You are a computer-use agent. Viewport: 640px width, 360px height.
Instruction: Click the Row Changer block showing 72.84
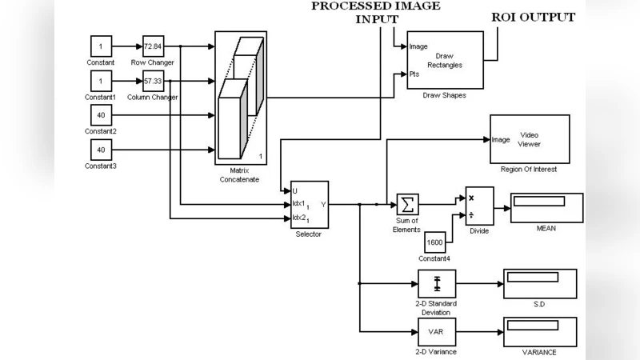tap(153, 46)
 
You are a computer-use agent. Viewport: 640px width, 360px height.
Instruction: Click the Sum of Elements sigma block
tap(407, 204)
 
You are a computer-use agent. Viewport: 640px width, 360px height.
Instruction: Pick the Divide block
tap(479, 206)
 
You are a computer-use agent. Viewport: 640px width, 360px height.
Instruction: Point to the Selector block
tap(309, 204)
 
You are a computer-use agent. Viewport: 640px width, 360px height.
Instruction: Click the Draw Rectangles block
tap(445, 60)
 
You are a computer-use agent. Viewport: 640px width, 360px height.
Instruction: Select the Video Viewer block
tap(529, 139)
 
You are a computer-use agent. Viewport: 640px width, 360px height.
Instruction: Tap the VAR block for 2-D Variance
tap(436, 331)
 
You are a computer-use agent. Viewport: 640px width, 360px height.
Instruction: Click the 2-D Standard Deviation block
tap(436, 283)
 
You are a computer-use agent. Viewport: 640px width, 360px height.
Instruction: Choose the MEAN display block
tap(547, 207)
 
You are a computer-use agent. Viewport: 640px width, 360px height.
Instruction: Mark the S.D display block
tap(539, 283)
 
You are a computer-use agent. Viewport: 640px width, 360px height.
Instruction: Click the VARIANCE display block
tap(539, 331)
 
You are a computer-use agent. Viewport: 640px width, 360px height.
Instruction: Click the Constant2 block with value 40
tap(102, 116)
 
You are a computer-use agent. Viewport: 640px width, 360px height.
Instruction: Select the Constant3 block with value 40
tap(102, 150)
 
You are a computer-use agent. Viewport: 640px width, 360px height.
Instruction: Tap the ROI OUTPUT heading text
tap(534, 17)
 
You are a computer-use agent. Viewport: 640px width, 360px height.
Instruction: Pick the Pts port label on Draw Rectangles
tap(414, 74)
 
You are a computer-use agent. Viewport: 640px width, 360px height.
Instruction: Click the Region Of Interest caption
tap(529, 170)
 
